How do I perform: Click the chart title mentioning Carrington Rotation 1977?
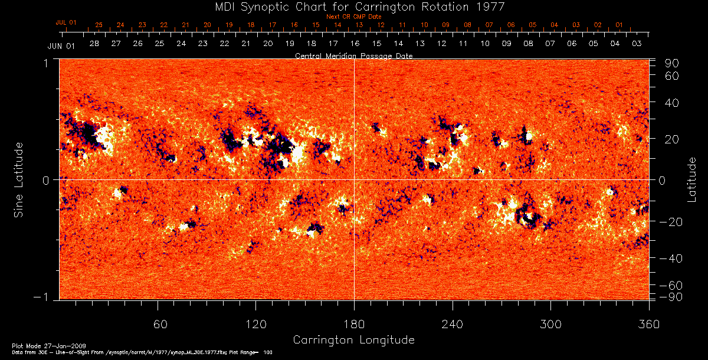pyautogui.click(x=353, y=7)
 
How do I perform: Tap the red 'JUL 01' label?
pyautogui.click(x=66, y=22)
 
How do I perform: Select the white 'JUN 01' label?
pyautogui.click(x=61, y=45)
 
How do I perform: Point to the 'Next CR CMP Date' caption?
pyautogui.click(x=353, y=17)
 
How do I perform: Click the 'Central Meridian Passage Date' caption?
pyautogui.click(x=353, y=55)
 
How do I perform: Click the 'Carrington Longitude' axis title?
pyautogui.click(x=353, y=340)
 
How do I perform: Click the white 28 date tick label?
pyautogui.click(x=94, y=44)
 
